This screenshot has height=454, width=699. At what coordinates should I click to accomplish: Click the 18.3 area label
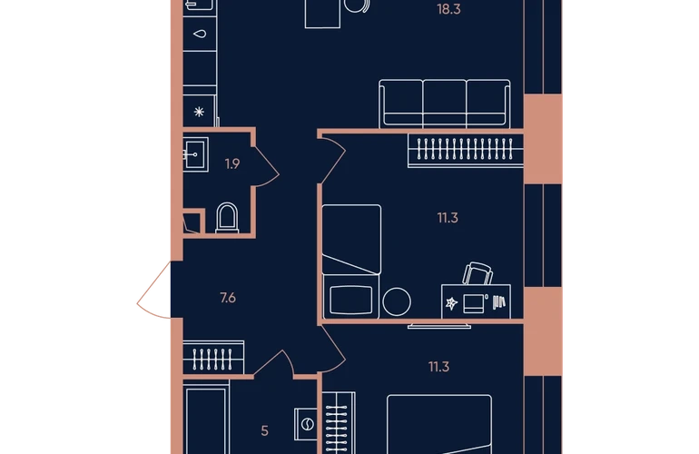tap(448, 9)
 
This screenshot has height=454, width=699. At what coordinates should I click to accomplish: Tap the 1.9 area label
tap(232, 163)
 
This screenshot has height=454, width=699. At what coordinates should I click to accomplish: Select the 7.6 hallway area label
tap(228, 298)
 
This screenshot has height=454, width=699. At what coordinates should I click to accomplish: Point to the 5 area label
tap(265, 430)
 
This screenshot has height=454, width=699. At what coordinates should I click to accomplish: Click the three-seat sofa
tap(445, 104)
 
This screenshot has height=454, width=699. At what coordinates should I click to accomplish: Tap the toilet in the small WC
tap(227, 218)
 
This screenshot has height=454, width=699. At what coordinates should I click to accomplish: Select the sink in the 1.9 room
tap(195, 154)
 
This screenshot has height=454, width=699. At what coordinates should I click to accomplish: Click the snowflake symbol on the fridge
tap(199, 112)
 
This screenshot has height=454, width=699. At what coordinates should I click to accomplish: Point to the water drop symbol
tap(200, 34)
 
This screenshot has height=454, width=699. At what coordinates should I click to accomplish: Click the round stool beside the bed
tap(397, 302)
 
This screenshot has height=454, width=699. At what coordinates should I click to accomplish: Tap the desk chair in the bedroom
tap(477, 273)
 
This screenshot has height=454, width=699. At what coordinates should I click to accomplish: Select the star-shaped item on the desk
tap(451, 303)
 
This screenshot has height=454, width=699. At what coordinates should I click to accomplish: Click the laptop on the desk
tap(474, 303)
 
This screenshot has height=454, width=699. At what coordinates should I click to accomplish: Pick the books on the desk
tap(499, 302)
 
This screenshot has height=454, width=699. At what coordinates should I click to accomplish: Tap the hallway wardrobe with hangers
tap(213, 358)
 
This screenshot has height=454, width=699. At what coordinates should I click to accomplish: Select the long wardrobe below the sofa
tap(466, 151)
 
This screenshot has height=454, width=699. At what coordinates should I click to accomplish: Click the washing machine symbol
tap(306, 424)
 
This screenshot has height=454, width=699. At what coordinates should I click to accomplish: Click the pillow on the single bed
tap(350, 300)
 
